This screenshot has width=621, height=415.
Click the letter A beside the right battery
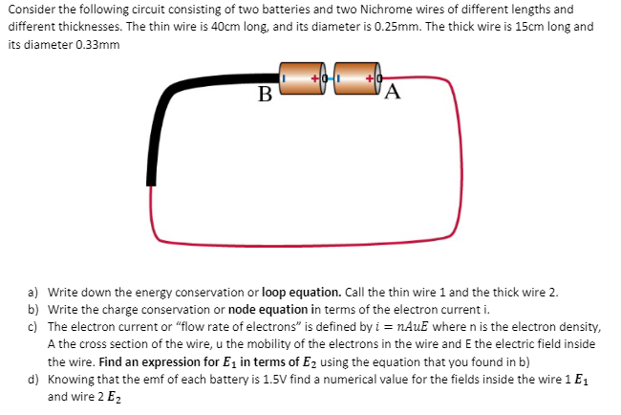pos(394,93)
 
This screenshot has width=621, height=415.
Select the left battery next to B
pos(301,75)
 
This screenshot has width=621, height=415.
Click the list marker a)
pos(32,291)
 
